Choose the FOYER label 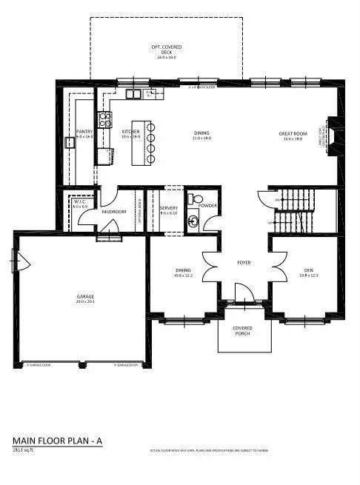point(244,262)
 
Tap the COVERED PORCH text point(242,330)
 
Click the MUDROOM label point(114,212)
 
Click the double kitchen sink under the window point(134,93)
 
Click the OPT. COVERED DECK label point(167,50)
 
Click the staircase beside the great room point(294,211)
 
